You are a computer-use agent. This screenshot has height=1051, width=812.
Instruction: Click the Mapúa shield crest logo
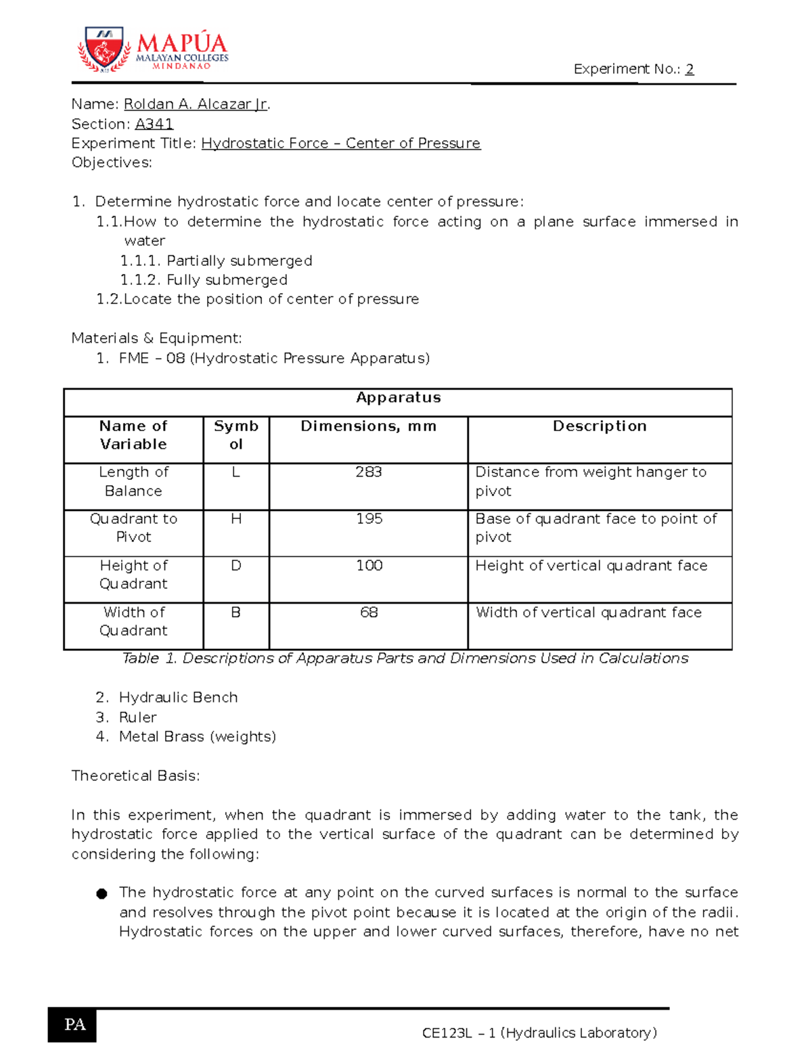(104, 49)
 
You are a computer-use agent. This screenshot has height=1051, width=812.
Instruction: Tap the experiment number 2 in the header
(689, 69)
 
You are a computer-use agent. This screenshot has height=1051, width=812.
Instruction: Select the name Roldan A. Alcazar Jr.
(196, 104)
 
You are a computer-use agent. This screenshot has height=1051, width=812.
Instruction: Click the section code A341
(154, 124)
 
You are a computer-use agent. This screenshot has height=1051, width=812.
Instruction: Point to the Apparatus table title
(398, 398)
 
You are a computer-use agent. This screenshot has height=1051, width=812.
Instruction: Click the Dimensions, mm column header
(368, 426)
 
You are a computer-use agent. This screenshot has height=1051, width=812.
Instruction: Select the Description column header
(600, 426)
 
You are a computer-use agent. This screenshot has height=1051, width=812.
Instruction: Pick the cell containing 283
(368, 472)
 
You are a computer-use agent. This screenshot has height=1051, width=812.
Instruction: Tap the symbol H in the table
(236, 519)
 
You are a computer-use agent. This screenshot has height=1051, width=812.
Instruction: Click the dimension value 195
(369, 519)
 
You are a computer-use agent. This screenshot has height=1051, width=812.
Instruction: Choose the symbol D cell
(236, 566)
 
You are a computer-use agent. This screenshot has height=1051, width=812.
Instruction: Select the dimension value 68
(369, 612)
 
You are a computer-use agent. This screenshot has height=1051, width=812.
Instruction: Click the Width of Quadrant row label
(133, 621)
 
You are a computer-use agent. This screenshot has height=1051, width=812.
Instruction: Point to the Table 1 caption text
(405, 658)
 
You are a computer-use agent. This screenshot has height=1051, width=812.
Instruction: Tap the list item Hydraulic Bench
(178, 698)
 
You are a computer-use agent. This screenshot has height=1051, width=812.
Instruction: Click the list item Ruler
(137, 717)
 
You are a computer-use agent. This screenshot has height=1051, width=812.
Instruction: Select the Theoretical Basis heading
(135, 776)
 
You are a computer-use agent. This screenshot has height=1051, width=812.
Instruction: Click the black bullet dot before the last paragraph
(102, 894)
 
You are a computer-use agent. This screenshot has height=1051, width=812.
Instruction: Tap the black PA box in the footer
(72, 1025)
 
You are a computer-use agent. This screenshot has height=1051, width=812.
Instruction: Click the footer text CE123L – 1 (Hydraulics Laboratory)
(539, 1033)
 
